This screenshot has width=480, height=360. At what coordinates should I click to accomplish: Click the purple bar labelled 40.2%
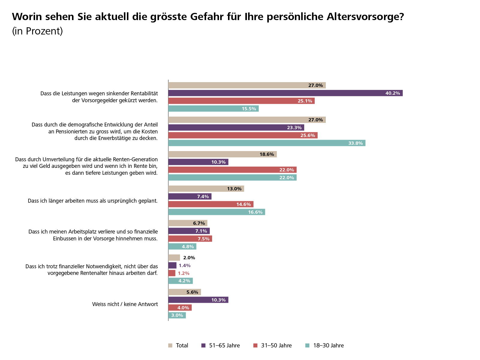pos(285,93)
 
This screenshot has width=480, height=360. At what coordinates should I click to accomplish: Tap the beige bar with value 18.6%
pos(222,154)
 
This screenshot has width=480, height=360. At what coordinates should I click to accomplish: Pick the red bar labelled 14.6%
pos(211,204)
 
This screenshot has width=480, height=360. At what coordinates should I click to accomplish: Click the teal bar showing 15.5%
pos(213,109)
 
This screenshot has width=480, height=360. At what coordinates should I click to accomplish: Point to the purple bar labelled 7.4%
pos(190,197)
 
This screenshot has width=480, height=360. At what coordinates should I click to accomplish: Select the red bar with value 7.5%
pos(190,239)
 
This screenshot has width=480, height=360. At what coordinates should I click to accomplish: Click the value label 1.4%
pos(184,266)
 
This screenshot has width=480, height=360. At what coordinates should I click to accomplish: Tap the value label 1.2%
pos(184,273)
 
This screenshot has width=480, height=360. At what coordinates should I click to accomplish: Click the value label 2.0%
pos(189,258)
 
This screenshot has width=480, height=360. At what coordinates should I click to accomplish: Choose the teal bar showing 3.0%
pos(177,315)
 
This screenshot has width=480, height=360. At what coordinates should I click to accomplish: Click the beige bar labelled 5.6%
pos(184,292)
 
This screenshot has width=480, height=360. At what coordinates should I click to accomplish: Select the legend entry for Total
pos(178,346)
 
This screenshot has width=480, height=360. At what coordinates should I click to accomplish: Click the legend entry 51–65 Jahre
pos(221,346)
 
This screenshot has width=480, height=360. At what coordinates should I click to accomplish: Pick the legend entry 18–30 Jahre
pos(325,346)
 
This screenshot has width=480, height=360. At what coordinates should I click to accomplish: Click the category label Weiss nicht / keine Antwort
pos(125,304)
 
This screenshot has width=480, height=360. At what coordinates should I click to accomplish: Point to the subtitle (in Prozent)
pos(37,31)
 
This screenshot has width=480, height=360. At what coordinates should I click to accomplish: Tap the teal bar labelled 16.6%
pos(216,212)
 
